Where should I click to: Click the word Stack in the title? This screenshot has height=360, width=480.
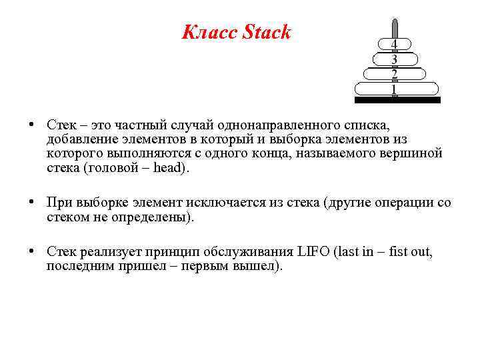(x=267, y=33)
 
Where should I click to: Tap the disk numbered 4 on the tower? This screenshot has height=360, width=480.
(x=395, y=45)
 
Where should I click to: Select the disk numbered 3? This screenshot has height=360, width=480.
(x=395, y=59)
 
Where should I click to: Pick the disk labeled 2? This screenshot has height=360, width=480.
(x=395, y=74)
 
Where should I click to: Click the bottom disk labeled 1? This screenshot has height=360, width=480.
(x=395, y=89)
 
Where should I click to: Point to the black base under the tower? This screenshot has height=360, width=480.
(x=397, y=100)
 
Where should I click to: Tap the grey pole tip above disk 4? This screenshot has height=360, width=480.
(x=395, y=27)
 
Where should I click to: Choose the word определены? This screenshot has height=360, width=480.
(x=153, y=217)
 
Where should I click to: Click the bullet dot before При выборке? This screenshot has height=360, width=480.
(x=32, y=203)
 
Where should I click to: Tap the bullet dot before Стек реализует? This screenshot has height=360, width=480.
(x=32, y=251)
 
